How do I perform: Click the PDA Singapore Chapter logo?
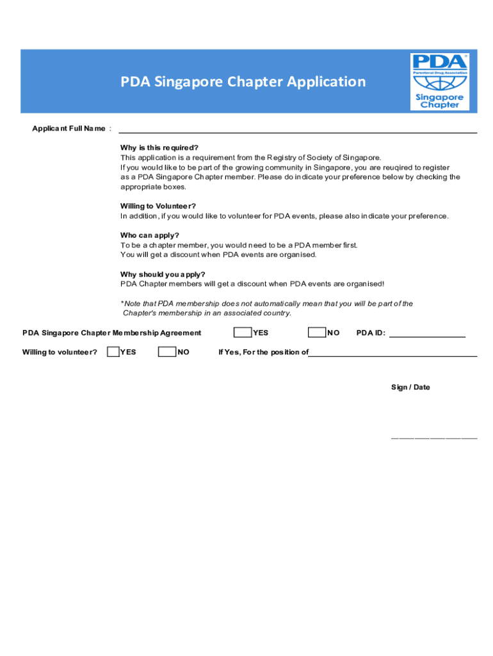tap(440, 81)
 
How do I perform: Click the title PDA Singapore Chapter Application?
tap(243, 82)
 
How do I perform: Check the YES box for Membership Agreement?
tap(243, 332)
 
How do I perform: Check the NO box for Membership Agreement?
tap(316, 332)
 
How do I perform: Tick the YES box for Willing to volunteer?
tap(113, 352)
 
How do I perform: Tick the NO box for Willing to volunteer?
tap(167, 352)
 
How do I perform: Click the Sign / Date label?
tap(410, 388)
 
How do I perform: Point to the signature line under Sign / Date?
tap(434, 438)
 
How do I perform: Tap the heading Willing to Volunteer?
tap(158, 206)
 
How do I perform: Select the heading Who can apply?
tap(150, 235)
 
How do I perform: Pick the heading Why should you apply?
tap(163, 275)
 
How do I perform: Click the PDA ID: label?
tap(371, 333)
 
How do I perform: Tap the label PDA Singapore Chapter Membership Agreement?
tap(112, 333)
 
